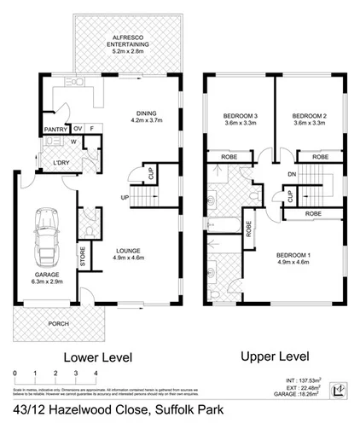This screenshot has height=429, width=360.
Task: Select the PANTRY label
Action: point(55,130)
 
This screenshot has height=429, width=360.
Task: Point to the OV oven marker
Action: point(77,130)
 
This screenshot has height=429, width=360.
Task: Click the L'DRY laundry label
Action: point(61,162)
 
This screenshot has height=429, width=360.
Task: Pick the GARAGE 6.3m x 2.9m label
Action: point(43,275)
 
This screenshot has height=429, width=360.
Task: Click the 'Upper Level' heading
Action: point(276,354)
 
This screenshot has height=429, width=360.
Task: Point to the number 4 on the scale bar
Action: point(96,374)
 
